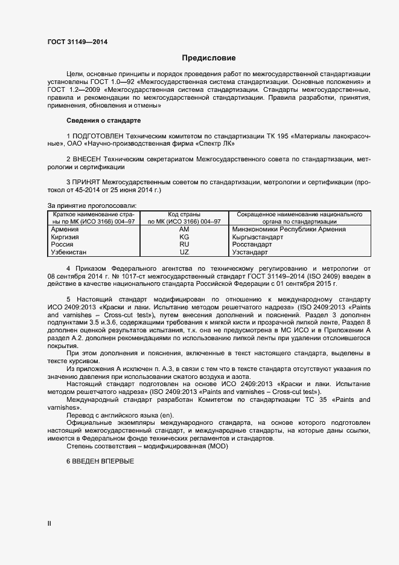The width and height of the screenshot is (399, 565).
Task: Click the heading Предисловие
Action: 209,59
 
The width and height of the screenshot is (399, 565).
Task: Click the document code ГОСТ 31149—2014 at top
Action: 77,42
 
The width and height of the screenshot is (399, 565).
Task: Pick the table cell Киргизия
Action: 66,237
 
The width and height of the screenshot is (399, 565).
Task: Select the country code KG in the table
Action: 184,237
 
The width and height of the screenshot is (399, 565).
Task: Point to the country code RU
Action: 184,245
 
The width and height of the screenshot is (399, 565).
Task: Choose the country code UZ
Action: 184,252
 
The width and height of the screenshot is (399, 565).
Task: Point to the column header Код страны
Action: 184,215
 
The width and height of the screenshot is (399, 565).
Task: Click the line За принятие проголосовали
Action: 92,206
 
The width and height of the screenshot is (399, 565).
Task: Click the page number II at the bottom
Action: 49,524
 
